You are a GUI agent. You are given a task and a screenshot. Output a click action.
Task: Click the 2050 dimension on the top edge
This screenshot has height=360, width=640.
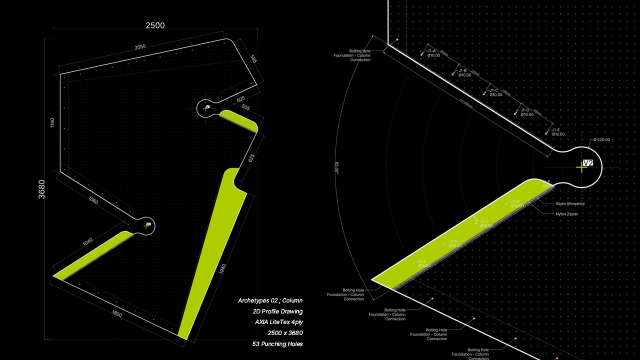[x=140, y=46]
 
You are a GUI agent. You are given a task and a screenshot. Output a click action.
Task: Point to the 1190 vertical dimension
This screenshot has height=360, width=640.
[x=52, y=123]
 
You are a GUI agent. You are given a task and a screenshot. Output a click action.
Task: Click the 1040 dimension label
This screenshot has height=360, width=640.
[x=87, y=241]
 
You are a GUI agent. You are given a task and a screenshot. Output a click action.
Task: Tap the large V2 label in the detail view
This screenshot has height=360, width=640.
[x=588, y=163]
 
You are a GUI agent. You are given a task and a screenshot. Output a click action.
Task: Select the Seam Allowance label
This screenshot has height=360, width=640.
[x=570, y=204]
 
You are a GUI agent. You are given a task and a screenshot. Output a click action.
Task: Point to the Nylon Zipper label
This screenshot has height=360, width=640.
[x=567, y=214]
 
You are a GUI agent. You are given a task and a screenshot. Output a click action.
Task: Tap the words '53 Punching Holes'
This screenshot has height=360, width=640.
[x=277, y=344]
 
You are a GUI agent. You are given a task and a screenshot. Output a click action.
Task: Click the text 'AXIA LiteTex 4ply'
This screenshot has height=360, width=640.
[x=278, y=322]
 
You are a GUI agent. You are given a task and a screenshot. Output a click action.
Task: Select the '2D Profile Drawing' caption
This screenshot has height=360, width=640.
[x=277, y=311]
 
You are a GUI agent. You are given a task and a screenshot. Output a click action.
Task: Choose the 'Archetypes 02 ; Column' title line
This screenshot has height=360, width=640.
[x=270, y=300]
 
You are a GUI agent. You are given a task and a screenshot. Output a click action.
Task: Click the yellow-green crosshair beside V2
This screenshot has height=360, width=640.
[x=581, y=167]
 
